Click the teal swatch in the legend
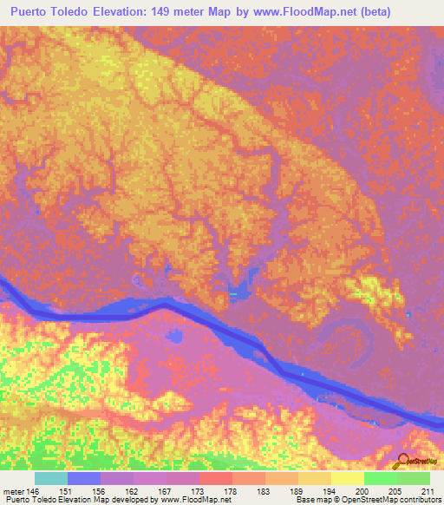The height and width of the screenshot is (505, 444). click(x=51, y=478)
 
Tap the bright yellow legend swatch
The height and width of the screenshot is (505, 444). click(x=348, y=478)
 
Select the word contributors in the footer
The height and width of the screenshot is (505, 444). click(x=420, y=501)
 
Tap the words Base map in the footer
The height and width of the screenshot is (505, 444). click(x=310, y=501)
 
